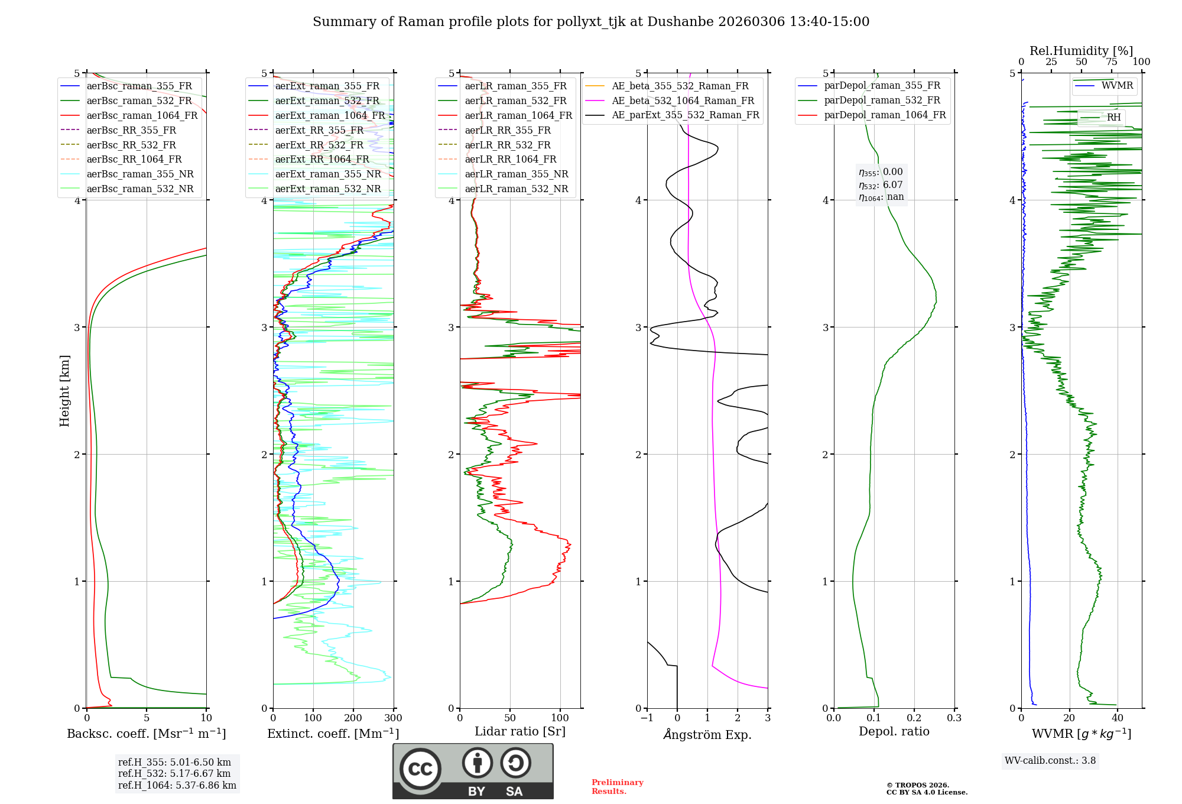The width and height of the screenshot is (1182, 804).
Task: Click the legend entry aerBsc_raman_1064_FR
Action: [142, 116]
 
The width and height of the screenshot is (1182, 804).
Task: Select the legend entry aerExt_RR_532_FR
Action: [319, 145]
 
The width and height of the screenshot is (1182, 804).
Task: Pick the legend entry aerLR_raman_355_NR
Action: [516, 174]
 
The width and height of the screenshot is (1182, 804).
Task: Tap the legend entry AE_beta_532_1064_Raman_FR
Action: [683, 101]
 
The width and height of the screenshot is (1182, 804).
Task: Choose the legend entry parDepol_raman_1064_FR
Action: [885, 115]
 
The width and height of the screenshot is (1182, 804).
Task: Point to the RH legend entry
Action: [1113, 118]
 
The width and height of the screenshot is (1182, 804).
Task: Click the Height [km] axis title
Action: [65, 391]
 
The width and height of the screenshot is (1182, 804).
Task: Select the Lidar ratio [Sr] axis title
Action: [519, 732]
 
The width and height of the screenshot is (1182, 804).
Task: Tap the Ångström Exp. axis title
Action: [707, 735]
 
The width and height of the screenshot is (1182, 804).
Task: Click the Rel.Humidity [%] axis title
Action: [1081, 51]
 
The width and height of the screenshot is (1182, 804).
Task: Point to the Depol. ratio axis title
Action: [894, 732]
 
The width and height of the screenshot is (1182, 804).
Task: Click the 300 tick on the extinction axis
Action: [394, 718]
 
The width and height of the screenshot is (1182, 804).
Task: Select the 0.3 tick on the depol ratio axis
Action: [954, 718]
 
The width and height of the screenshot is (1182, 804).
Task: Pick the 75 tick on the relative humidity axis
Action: [1111, 62]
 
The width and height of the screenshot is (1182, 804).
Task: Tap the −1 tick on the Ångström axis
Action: [647, 718]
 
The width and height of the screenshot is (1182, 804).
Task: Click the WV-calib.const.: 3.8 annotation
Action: [1050, 761]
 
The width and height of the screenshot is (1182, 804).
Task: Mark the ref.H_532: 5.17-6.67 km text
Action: [174, 773]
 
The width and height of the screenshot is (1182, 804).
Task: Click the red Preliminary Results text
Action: [617, 787]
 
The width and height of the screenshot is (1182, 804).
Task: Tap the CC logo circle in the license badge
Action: [420, 769]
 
